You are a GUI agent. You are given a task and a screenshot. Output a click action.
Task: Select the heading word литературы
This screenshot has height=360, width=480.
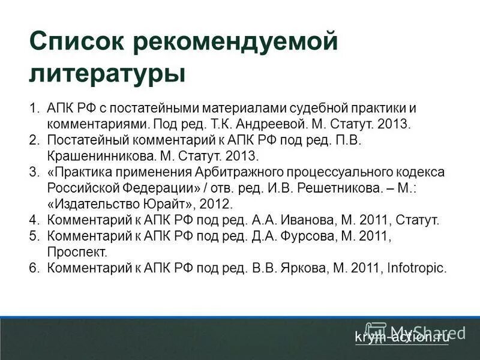(x=107, y=74)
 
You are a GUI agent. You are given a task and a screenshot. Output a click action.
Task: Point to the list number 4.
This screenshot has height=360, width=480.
(x=34, y=220)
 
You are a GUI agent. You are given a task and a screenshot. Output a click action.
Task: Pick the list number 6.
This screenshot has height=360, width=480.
(x=34, y=268)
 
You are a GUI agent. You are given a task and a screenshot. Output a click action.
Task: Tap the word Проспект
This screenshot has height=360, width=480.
(x=77, y=252)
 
